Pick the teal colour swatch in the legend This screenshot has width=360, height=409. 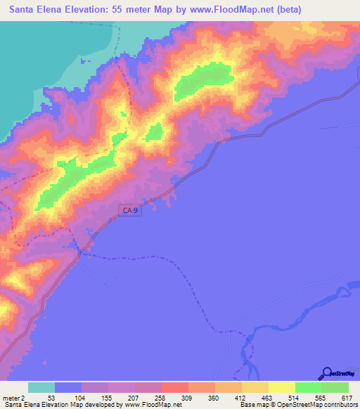tap(41, 387)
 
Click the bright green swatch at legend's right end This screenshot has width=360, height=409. tap(335, 387)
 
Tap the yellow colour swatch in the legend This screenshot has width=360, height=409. tap(281, 387)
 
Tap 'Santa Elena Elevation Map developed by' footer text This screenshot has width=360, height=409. tap(61, 405)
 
